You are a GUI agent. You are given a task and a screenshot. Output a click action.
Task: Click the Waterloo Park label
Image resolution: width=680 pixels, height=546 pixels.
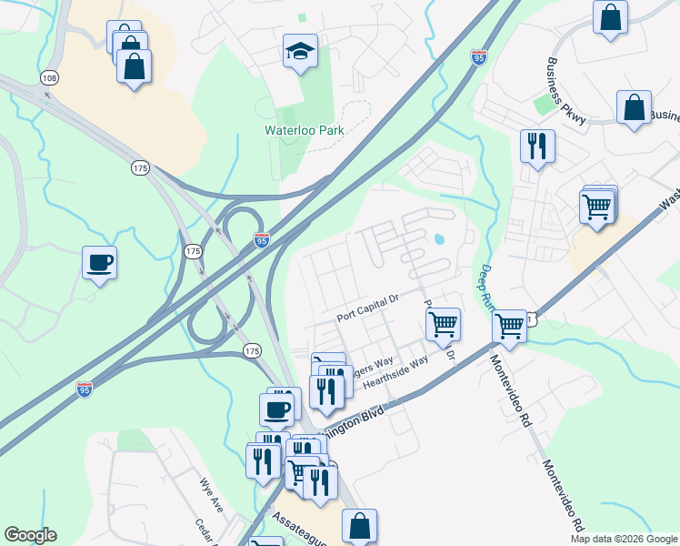[x=307, y=130]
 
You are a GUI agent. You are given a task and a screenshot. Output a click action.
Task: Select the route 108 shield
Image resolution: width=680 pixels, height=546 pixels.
[x=49, y=79]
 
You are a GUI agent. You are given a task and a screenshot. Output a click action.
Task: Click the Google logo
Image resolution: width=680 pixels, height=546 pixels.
[x=30, y=535]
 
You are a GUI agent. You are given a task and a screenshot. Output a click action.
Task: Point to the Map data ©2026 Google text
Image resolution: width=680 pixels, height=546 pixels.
[x=623, y=539]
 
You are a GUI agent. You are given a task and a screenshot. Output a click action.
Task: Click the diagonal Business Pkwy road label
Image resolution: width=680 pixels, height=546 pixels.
[x=566, y=89]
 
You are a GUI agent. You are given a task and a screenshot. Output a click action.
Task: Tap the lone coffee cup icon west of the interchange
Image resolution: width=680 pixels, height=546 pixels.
[x=99, y=263]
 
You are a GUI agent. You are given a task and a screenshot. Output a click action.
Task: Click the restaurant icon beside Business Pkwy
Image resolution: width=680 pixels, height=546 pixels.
[x=537, y=146]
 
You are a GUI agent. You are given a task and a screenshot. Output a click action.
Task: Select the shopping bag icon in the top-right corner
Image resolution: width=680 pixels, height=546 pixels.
[x=611, y=16]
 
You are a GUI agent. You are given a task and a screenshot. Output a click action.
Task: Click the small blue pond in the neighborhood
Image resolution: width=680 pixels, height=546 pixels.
[x=440, y=241]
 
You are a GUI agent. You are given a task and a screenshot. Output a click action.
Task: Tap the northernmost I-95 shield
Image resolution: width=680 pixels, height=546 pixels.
[x=479, y=57]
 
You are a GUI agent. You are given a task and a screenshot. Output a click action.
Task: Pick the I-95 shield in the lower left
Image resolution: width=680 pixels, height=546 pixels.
[x=84, y=389]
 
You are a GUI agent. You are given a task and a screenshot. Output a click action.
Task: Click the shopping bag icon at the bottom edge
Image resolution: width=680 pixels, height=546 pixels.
[x=359, y=525]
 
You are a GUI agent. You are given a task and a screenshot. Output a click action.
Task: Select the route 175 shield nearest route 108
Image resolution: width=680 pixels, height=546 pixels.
[x=140, y=168]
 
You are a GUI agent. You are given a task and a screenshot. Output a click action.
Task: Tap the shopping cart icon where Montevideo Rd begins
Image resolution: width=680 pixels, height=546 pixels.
[x=509, y=325]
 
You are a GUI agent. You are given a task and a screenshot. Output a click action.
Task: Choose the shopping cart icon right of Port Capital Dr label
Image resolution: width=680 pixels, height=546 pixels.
[x=443, y=323]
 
